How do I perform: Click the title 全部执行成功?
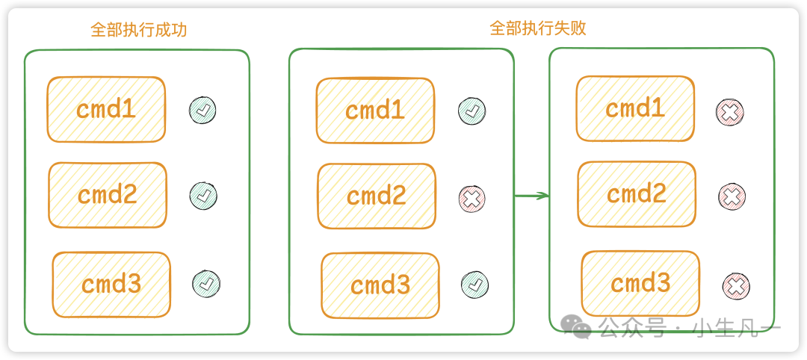138,30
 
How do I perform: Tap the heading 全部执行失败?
537,28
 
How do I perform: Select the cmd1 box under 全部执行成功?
106,110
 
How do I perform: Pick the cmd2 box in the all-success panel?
108,195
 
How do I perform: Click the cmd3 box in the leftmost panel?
111,285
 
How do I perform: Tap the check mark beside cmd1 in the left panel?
202,110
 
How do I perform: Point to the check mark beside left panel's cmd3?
206,284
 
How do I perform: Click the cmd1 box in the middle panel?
375,111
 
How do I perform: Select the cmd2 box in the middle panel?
377,196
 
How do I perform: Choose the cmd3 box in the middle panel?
380,285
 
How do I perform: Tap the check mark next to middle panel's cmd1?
471,111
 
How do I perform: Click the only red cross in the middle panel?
471,198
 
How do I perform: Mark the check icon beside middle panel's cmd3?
474,285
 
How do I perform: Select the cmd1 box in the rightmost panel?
635,109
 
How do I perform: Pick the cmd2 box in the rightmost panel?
637,194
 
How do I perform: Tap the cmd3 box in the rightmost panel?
640,284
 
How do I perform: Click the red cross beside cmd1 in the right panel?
729,112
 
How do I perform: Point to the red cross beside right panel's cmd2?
731,196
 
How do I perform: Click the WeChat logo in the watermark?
578,326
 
